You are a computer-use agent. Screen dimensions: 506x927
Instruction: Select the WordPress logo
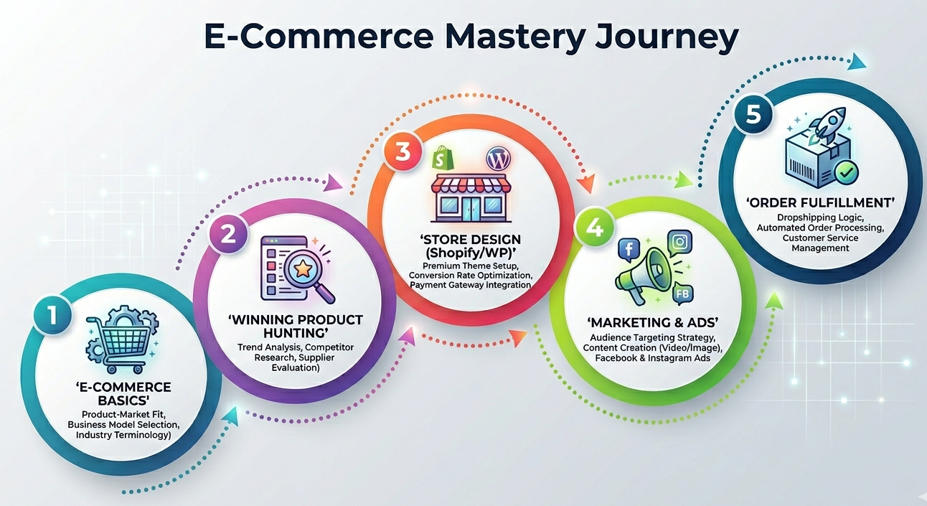(x=497, y=157)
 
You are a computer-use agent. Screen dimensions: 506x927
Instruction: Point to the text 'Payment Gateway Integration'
(x=470, y=285)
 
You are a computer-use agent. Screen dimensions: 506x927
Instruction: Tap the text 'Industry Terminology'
(x=124, y=434)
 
